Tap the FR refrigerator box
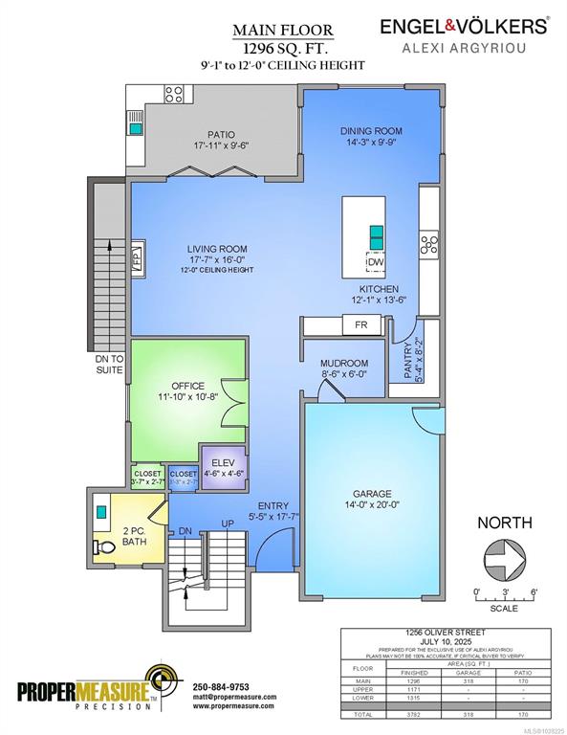(360, 325)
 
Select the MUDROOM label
(344, 364)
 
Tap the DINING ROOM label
(371, 131)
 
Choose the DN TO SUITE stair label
(108, 365)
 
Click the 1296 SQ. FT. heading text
(273, 47)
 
